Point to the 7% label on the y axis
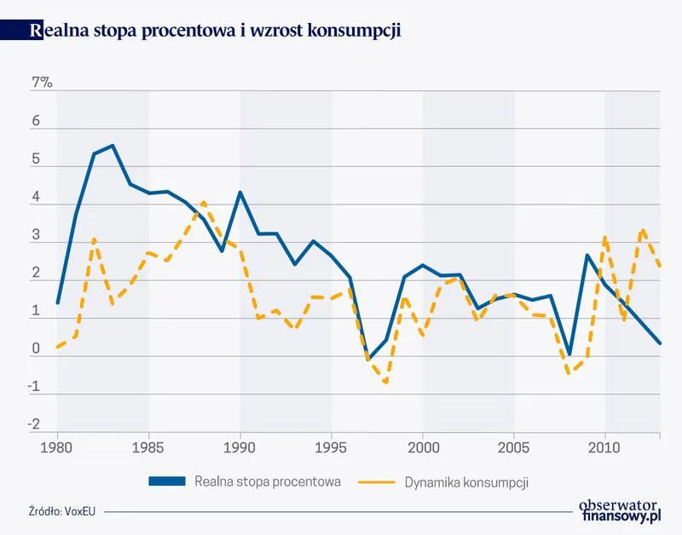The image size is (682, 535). click(41, 83)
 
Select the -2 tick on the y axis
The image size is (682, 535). click(34, 424)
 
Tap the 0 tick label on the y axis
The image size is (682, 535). click(36, 348)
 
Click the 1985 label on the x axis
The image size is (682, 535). click(148, 447)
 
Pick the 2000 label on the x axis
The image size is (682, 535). click(424, 447)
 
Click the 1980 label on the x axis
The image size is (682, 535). click(57, 447)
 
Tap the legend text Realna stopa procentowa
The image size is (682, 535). click(268, 481)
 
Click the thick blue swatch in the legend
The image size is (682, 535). click(166, 481)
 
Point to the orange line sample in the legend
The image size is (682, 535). click(396, 481)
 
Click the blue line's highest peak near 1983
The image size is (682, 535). click(113, 146)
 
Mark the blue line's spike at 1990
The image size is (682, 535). click(240, 193)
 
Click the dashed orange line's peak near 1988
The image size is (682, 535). click(203, 203)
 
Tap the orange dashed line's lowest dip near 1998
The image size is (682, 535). click(386, 383)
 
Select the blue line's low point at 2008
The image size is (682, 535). click(569, 354)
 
